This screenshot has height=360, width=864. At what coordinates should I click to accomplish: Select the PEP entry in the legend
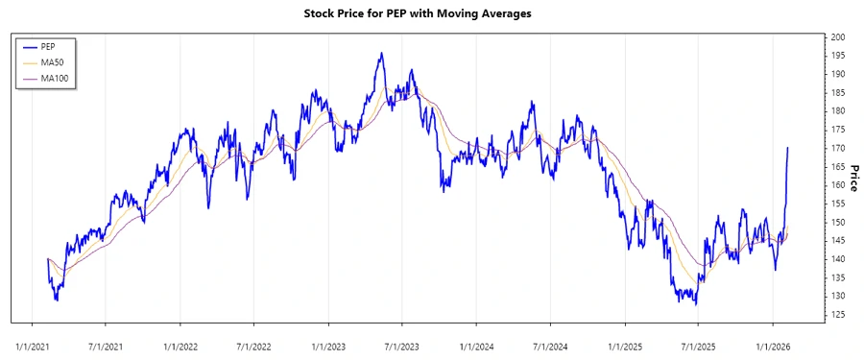[48, 46]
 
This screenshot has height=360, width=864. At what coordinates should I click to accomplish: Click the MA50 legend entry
[52, 61]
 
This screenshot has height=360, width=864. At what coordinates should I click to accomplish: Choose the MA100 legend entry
[54, 77]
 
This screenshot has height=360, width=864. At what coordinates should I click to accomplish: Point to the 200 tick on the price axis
[838, 36]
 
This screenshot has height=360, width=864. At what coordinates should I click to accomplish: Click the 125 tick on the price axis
[838, 315]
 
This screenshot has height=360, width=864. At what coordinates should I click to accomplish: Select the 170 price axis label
[838, 148]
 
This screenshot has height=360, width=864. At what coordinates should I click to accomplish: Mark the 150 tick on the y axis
[838, 222]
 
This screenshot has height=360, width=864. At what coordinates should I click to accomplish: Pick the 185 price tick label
[838, 92]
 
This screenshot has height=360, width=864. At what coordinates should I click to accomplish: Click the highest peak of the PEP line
[381, 53]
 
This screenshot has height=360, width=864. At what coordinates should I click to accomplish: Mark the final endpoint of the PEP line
[788, 148]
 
